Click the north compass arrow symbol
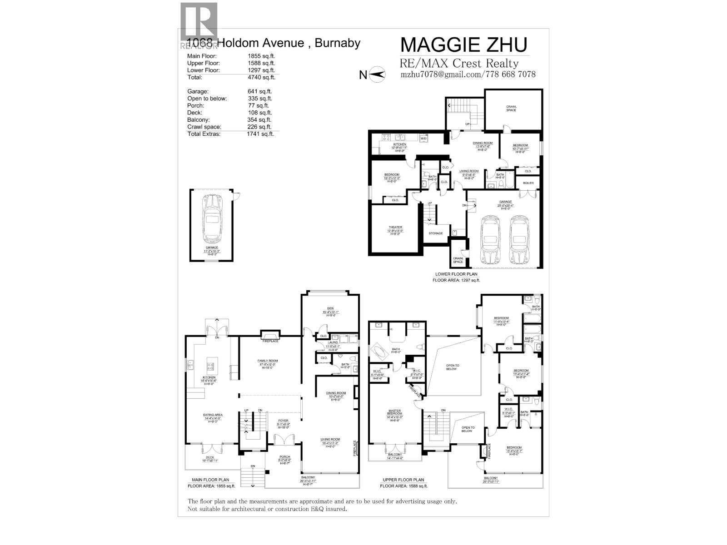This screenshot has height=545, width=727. (377, 74)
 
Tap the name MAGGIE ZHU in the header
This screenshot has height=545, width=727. (463, 45)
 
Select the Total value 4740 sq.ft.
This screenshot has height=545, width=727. (261, 77)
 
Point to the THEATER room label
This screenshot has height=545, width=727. (395, 227)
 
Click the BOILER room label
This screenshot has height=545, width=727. (528, 183)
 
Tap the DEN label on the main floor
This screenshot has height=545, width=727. (330, 308)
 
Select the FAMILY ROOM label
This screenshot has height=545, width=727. (268, 361)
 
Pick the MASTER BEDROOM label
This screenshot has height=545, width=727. (394, 412)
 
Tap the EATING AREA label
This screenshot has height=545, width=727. (212, 415)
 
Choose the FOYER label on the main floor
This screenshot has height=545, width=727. (283, 421)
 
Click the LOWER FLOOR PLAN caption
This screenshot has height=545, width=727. (456, 274)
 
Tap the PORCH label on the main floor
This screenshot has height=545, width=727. (284, 457)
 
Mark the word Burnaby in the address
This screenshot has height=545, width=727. (337, 43)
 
